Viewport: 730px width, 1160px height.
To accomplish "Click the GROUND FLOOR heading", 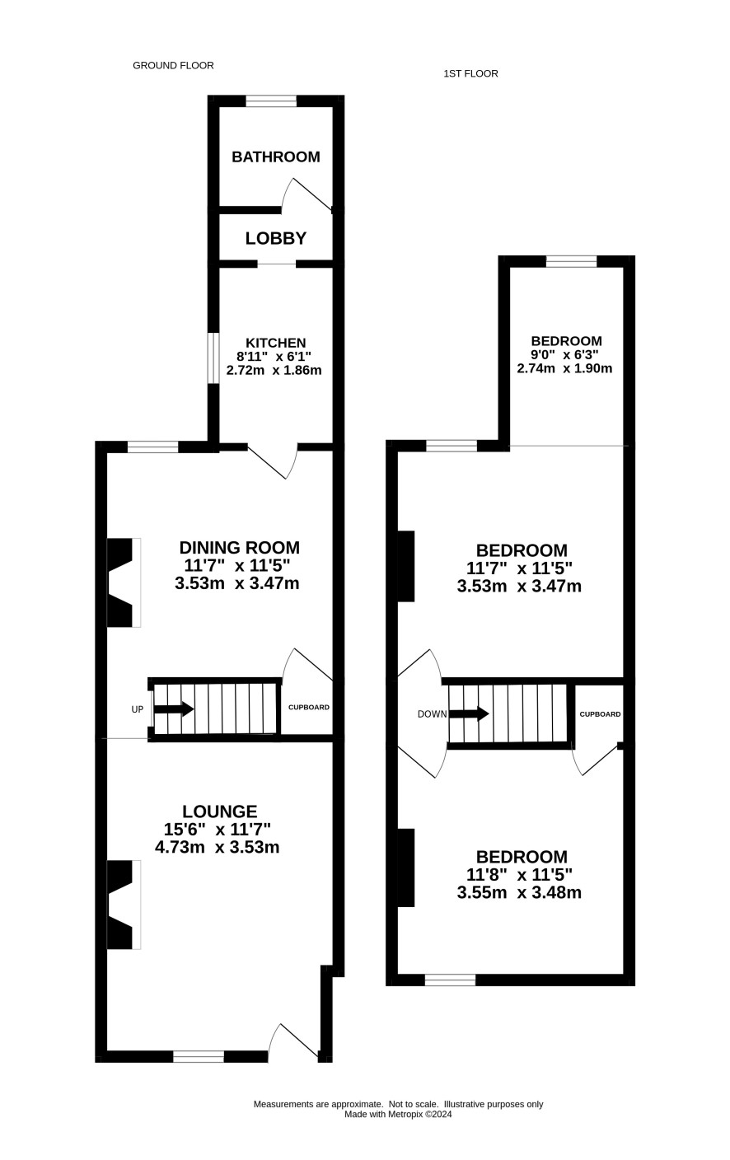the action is [173, 65].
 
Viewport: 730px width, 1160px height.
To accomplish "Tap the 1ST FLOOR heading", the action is [470, 73].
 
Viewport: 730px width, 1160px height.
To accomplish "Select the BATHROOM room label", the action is [276, 157].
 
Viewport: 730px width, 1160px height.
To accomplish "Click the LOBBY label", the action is [276, 238].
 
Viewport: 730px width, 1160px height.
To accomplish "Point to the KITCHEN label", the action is [275, 343].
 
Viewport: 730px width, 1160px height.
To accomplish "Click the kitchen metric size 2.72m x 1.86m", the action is [274, 370].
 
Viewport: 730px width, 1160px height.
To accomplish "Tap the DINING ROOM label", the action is [240, 547].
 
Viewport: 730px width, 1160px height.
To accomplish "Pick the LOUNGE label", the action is [219, 811].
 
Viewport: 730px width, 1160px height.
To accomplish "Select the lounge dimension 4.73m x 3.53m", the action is [217, 847].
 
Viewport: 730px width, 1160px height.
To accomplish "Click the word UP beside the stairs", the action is [138, 709].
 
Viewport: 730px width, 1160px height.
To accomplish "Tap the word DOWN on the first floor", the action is [432, 714].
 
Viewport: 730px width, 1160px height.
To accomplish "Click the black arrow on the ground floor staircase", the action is [174, 709].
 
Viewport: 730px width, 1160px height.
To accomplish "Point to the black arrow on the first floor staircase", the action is [469, 713].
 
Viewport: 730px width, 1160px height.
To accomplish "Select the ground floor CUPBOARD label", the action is [309, 708].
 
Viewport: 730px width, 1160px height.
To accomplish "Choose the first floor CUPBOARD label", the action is [600, 714].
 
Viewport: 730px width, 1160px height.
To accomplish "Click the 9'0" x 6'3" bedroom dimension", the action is [565, 355].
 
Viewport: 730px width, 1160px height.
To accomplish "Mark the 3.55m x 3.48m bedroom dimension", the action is [519, 892].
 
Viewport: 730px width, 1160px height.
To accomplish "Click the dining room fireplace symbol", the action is [124, 582].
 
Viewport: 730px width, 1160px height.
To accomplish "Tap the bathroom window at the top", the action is [271, 101].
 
